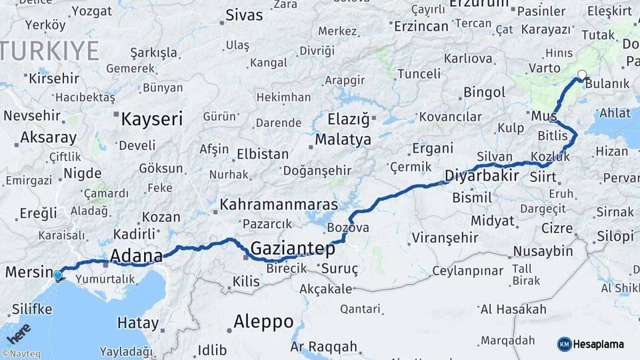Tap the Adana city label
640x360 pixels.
(x=136, y=256)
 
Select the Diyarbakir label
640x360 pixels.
(x=481, y=176)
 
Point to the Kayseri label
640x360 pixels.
(x=151, y=119)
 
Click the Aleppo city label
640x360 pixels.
(x=263, y=321)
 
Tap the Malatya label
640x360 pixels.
(x=343, y=140)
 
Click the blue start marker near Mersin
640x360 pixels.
(x=58, y=275)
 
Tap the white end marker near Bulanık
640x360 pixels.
(x=582, y=75)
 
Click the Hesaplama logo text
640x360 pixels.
(x=599, y=344)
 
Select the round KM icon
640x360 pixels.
(x=564, y=344)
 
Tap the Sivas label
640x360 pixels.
(x=245, y=15)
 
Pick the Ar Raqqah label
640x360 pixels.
(x=324, y=347)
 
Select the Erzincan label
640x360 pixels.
(x=421, y=26)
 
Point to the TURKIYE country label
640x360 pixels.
(x=50, y=51)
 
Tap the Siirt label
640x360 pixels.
(x=542, y=177)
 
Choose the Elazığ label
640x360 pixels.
(x=348, y=120)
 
